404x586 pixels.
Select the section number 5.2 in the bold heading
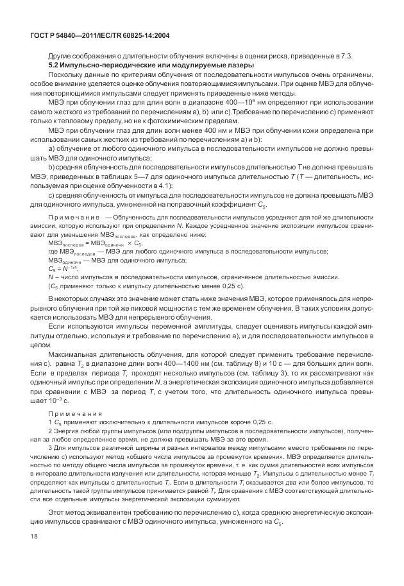(x=55, y=65)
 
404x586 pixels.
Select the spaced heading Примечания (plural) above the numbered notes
(x=72, y=413)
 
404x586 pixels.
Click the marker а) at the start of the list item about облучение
(x=52, y=149)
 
